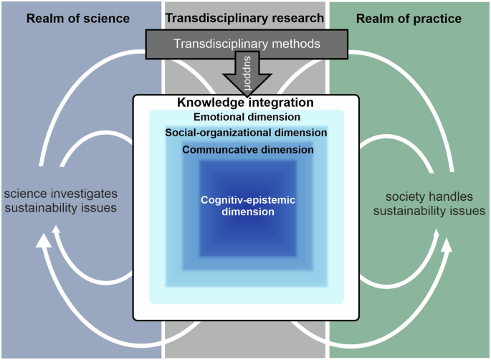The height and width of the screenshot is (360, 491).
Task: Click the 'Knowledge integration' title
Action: click(x=247, y=103)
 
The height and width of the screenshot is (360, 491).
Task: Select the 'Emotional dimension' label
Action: click(x=247, y=117)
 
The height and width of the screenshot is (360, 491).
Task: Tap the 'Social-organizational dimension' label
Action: click(x=246, y=133)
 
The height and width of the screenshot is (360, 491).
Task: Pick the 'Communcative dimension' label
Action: click(x=247, y=150)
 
